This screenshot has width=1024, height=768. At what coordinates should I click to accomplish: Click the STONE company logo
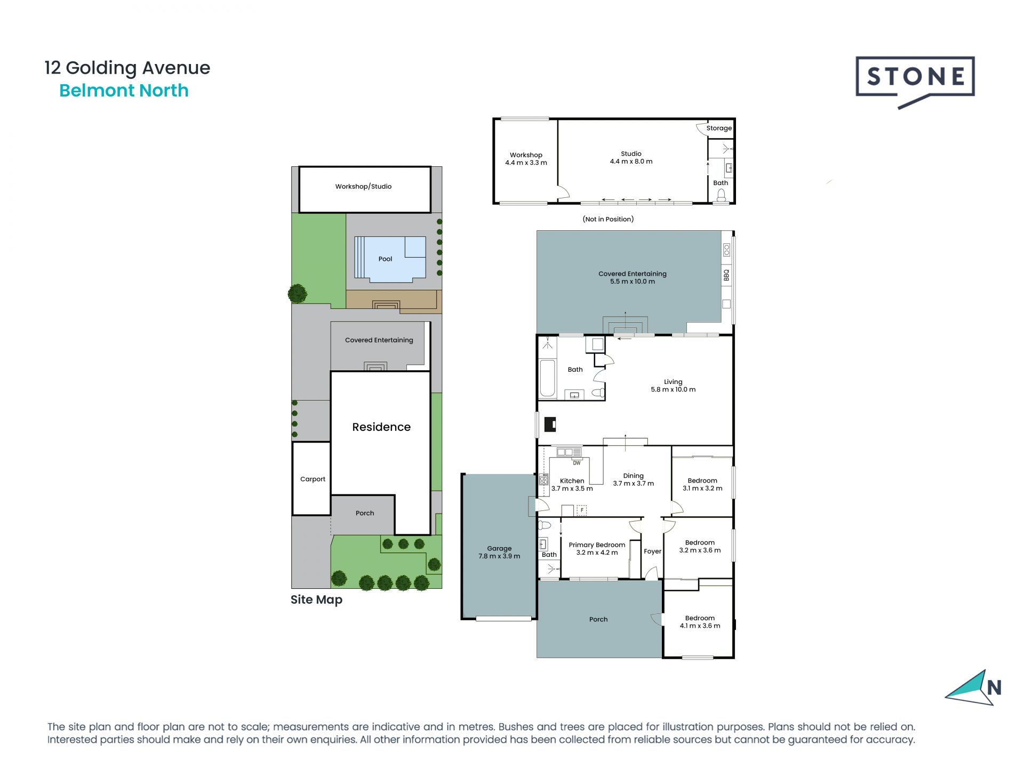tap(915, 82)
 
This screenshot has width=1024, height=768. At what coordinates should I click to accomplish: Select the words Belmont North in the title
tap(124, 91)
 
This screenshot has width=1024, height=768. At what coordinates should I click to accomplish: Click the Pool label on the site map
tap(385, 259)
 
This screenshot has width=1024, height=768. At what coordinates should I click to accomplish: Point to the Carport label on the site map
tap(313, 479)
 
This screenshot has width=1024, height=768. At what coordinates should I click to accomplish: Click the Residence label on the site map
tap(381, 427)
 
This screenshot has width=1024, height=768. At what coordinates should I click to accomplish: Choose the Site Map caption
tap(316, 599)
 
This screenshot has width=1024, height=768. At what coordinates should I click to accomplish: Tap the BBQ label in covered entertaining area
tap(726, 275)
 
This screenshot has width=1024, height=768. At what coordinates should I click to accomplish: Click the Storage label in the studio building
tap(719, 128)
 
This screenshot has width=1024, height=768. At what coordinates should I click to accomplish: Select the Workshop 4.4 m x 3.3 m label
tap(526, 159)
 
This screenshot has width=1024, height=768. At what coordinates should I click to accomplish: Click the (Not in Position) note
tap(608, 219)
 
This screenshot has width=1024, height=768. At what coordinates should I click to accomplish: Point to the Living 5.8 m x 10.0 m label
tap(673, 386)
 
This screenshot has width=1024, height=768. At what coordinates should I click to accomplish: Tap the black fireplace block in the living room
tap(550, 425)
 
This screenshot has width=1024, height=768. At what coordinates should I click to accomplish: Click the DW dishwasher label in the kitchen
tap(577, 463)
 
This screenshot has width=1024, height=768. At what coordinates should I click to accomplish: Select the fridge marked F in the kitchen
tap(582, 510)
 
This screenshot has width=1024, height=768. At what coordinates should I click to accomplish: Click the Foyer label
tap(652, 551)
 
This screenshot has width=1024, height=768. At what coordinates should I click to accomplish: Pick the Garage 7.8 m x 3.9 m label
tap(499, 552)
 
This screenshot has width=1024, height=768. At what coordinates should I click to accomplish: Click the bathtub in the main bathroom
tap(547, 379)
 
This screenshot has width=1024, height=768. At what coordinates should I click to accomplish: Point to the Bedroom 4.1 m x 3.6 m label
tap(700, 622)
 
